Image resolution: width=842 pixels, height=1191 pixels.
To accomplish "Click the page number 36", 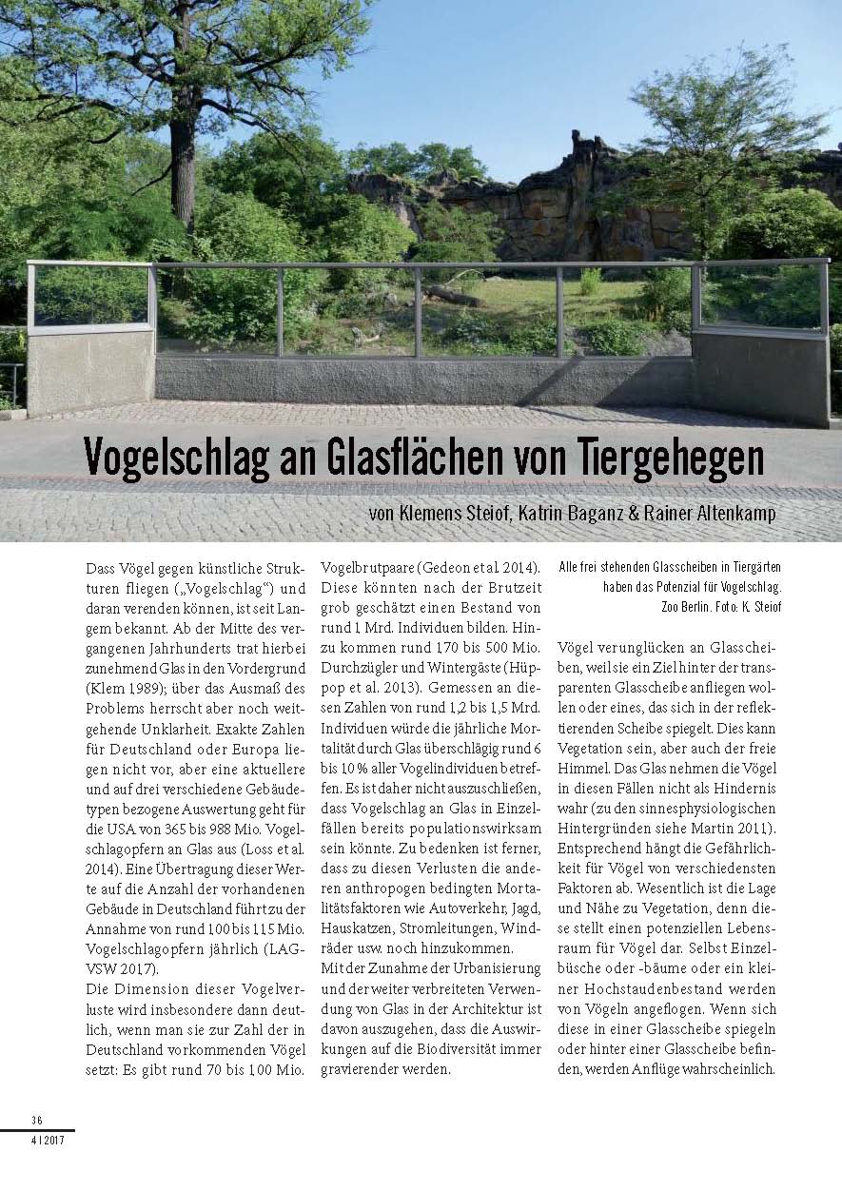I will [x=37, y=1120].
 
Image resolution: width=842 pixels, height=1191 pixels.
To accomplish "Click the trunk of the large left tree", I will [x=182, y=171].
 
